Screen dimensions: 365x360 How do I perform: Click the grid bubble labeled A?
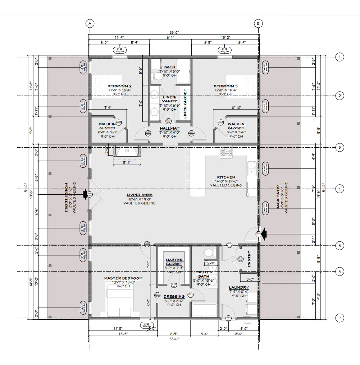coord(90,23)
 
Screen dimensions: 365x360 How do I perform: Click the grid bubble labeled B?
coord(259,23)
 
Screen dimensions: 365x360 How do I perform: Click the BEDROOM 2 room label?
coord(119,86)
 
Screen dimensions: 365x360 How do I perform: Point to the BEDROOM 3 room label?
coord(225,86)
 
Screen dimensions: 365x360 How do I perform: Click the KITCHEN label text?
coord(226,177)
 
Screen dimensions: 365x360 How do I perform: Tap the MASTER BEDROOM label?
coord(123,278)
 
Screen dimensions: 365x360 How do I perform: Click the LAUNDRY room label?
coord(238,288)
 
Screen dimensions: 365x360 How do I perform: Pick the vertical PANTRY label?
coord(249,259)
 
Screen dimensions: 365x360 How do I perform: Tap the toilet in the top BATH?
coord(157,76)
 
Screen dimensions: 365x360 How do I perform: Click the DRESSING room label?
coord(174,296)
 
